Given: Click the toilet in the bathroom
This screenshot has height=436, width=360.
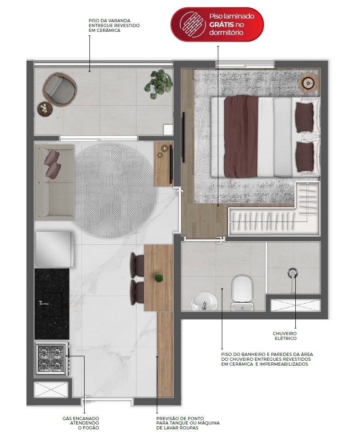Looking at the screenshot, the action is coord(242,293).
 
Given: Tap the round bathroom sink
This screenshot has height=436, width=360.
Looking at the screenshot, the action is coord(205,301).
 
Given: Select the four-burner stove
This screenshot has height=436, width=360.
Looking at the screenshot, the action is coord(52,359).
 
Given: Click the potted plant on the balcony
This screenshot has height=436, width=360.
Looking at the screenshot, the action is coord(158,84).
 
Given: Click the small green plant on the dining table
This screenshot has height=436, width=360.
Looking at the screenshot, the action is coord(159,278).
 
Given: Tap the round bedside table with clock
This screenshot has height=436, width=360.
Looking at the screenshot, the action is coord(308,82).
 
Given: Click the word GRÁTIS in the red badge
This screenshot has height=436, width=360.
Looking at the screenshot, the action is coord(221,24).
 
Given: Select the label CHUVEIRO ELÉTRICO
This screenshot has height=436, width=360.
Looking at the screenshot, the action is coord(285,336).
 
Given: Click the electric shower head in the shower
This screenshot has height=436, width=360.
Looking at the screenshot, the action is coord(292,274).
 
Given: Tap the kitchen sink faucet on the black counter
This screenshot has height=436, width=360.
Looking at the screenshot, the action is coord(44,303).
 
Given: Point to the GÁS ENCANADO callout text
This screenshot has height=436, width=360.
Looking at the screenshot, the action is coord(81,423).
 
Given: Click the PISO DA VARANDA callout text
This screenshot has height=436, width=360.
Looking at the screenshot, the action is coord(114,25).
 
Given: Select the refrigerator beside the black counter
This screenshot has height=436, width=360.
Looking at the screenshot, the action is coord(54,249).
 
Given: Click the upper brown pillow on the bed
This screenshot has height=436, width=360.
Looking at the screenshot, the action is coord(304,117).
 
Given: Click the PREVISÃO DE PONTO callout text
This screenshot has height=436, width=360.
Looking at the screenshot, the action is coord(188,423).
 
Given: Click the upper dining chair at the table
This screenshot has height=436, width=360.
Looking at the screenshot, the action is coord(137,265).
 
